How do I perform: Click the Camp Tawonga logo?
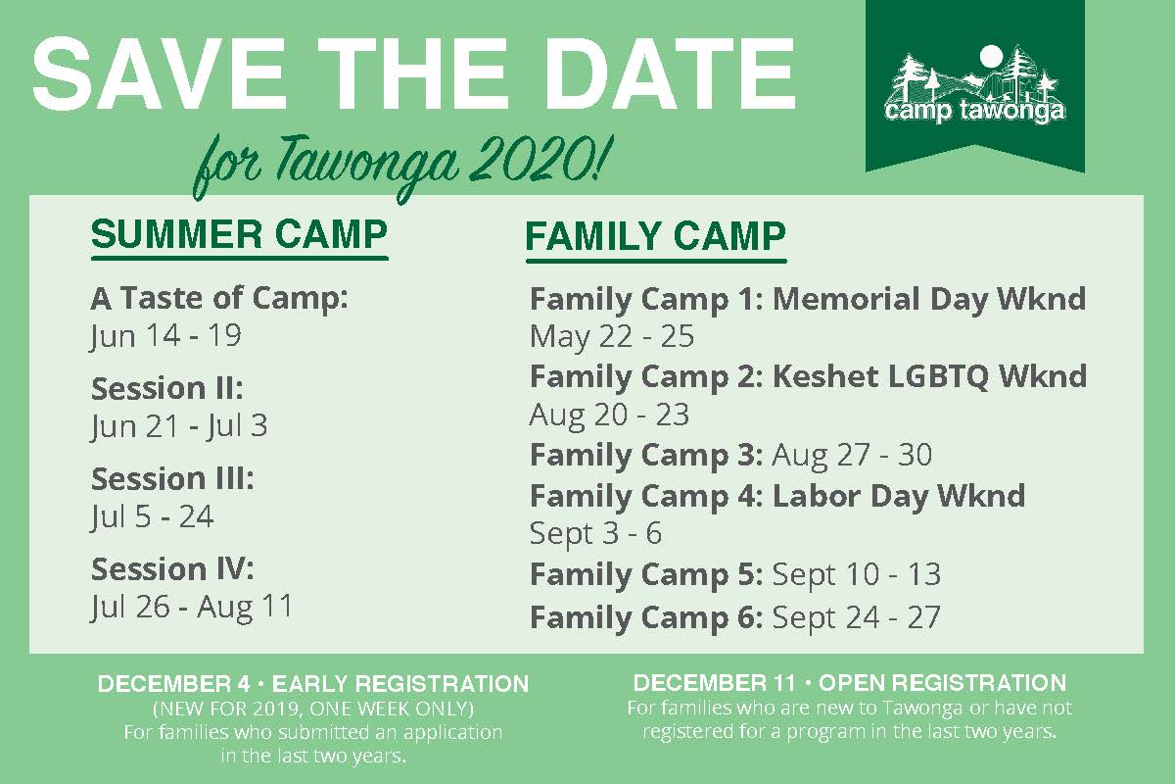(974, 85)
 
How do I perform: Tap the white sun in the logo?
(991, 57)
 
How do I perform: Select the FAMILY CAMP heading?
(656, 236)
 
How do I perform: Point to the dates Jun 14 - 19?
(165, 336)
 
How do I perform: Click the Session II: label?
(167, 388)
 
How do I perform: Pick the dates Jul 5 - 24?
(152, 516)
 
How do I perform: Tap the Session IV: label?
(172, 568)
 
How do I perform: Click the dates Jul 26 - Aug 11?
(192, 607)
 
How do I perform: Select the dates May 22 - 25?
(612, 336)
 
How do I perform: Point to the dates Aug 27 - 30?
(852, 455)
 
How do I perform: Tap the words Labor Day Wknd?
(899, 496)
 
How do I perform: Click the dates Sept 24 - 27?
(856, 617)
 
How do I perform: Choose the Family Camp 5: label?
(646, 574)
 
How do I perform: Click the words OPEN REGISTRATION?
(942, 683)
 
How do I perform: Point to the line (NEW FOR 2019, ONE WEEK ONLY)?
(313, 709)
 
